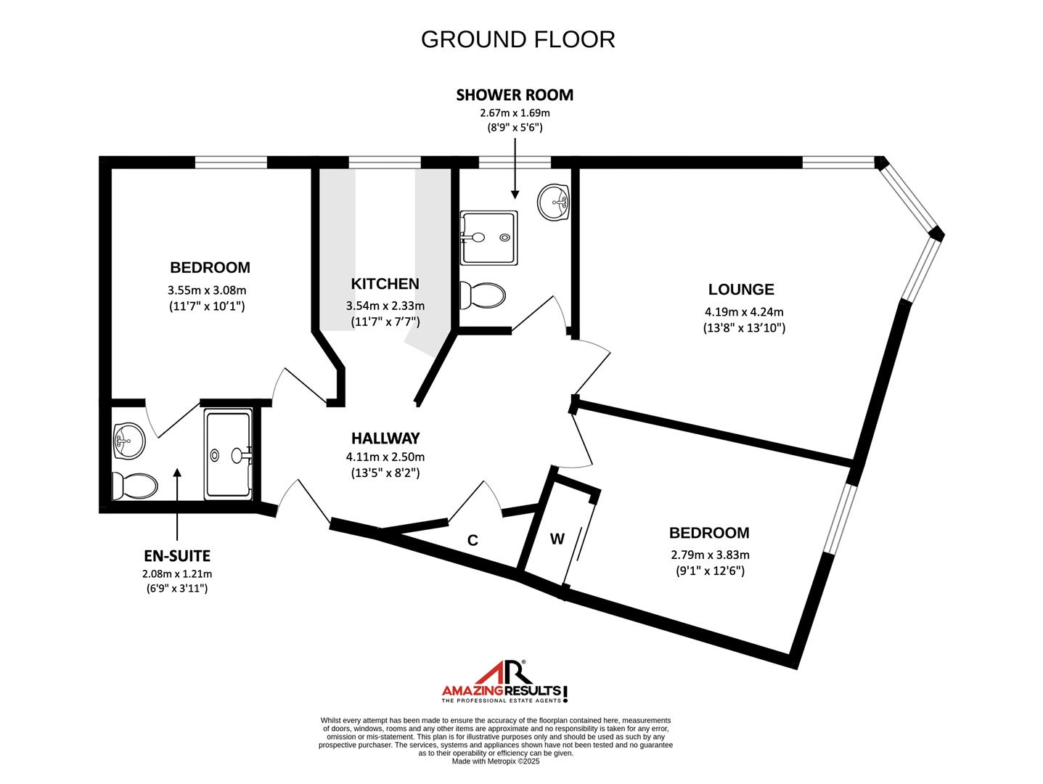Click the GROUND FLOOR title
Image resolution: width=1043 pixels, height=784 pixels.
point(518,39)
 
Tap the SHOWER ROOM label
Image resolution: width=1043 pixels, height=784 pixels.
point(515,95)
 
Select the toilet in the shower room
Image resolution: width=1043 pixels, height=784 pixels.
point(483,295)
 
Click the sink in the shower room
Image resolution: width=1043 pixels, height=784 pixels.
point(554,201)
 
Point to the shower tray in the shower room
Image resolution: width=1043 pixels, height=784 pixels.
point(489,237)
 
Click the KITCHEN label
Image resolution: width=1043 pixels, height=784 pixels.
point(385,284)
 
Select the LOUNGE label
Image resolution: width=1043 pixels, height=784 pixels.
point(741,290)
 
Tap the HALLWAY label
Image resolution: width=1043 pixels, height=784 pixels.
point(385,438)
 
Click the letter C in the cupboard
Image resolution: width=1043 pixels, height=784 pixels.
point(473,540)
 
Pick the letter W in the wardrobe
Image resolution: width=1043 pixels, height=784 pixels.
point(557,539)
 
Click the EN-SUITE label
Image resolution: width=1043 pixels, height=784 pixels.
point(177,556)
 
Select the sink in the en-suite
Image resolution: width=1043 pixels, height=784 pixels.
point(128,440)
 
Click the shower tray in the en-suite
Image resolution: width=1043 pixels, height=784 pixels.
point(229,454)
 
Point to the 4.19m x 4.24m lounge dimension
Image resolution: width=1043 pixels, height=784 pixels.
point(744,313)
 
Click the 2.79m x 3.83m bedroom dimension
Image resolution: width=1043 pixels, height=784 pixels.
point(710,555)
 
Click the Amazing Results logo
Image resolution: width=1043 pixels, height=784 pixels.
point(505,682)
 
